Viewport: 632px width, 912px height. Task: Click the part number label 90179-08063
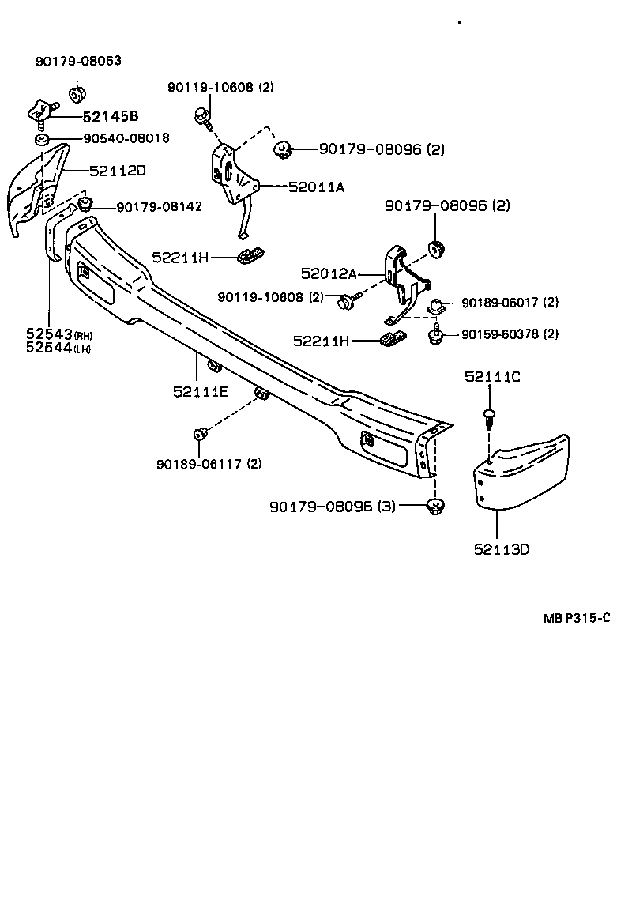tap(78, 61)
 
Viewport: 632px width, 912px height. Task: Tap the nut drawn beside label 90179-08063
tap(77, 95)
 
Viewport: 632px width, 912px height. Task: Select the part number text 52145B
tap(111, 117)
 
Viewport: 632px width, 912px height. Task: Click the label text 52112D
tap(118, 170)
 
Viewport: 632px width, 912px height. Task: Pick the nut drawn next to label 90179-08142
tap(86, 205)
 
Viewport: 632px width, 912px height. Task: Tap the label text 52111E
tap(201, 390)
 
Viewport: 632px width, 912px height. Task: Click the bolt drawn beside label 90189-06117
tap(200, 434)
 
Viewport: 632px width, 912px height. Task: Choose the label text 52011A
tap(316, 187)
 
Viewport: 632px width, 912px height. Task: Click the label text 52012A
tap(329, 274)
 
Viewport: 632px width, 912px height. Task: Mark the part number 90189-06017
tap(510, 303)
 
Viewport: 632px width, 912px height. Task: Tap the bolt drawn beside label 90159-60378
tap(434, 335)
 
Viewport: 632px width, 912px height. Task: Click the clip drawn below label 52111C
tap(488, 416)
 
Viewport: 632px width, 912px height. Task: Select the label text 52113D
tap(502, 548)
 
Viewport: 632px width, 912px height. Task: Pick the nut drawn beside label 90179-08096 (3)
tap(434, 505)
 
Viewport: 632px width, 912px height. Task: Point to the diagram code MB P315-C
tap(576, 619)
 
